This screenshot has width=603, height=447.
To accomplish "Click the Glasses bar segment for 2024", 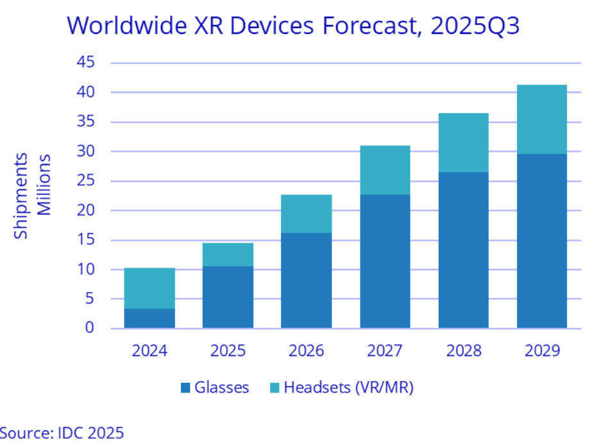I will [x=149, y=318].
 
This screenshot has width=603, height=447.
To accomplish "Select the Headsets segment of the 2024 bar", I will [x=149, y=288].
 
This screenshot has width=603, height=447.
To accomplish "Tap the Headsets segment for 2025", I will [x=228, y=254].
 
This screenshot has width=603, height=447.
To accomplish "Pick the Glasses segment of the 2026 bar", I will [x=307, y=280].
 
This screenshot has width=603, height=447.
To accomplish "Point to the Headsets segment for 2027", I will [x=385, y=170].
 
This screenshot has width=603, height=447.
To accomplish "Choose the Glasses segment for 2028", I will [x=463, y=250].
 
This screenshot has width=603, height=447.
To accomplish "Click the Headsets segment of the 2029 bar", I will [x=542, y=119].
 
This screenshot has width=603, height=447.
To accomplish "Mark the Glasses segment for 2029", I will [x=542, y=241].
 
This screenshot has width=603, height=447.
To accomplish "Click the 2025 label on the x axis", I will [x=228, y=351].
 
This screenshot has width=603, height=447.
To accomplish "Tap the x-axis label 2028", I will [x=463, y=351].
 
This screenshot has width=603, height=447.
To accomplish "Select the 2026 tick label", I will [x=307, y=351].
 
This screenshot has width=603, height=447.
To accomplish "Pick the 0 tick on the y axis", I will [x=89, y=329].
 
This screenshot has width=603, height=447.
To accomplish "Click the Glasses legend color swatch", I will [x=186, y=387].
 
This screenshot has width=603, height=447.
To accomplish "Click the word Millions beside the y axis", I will [x=43, y=184].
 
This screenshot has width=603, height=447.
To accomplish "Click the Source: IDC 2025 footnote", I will [x=62, y=432].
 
